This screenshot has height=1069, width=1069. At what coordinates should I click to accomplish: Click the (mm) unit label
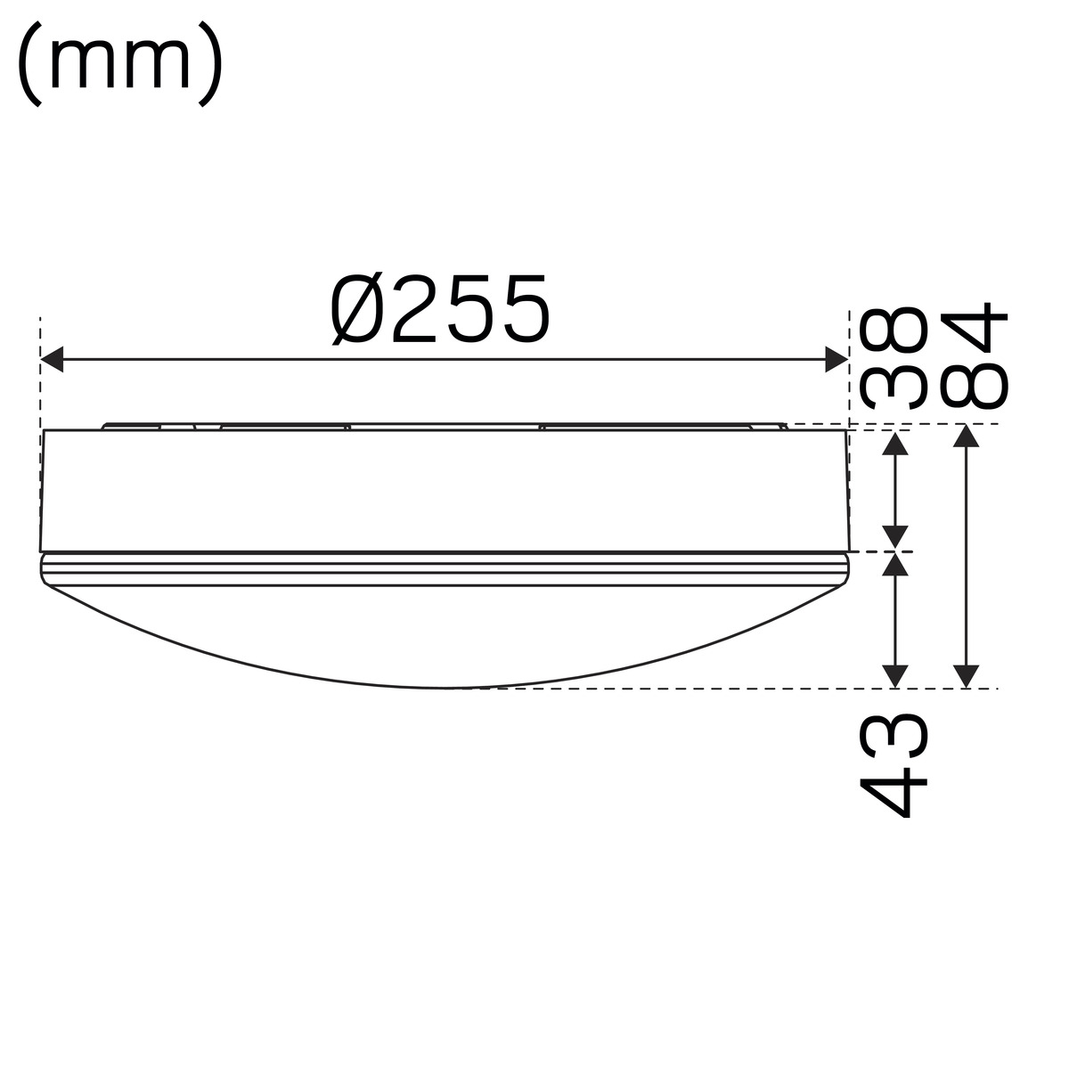[x=120, y=65]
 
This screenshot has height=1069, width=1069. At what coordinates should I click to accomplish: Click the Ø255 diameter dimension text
[x=441, y=309]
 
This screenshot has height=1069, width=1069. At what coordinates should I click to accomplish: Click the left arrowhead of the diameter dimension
[x=52, y=360]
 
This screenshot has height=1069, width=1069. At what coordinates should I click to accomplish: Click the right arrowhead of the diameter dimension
[x=836, y=360]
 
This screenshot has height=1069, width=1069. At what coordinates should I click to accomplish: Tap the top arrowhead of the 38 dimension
[x=894, y=444]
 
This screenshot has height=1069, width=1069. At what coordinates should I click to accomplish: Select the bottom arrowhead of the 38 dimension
[x=894, y=537]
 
